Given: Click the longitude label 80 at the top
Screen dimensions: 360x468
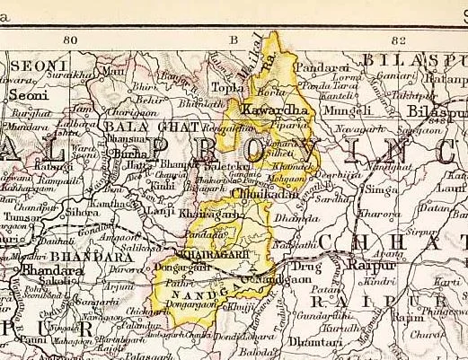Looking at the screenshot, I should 72,40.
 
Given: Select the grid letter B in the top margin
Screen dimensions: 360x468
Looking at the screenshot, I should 234,40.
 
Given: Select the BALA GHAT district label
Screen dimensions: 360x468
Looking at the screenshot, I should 137,127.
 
